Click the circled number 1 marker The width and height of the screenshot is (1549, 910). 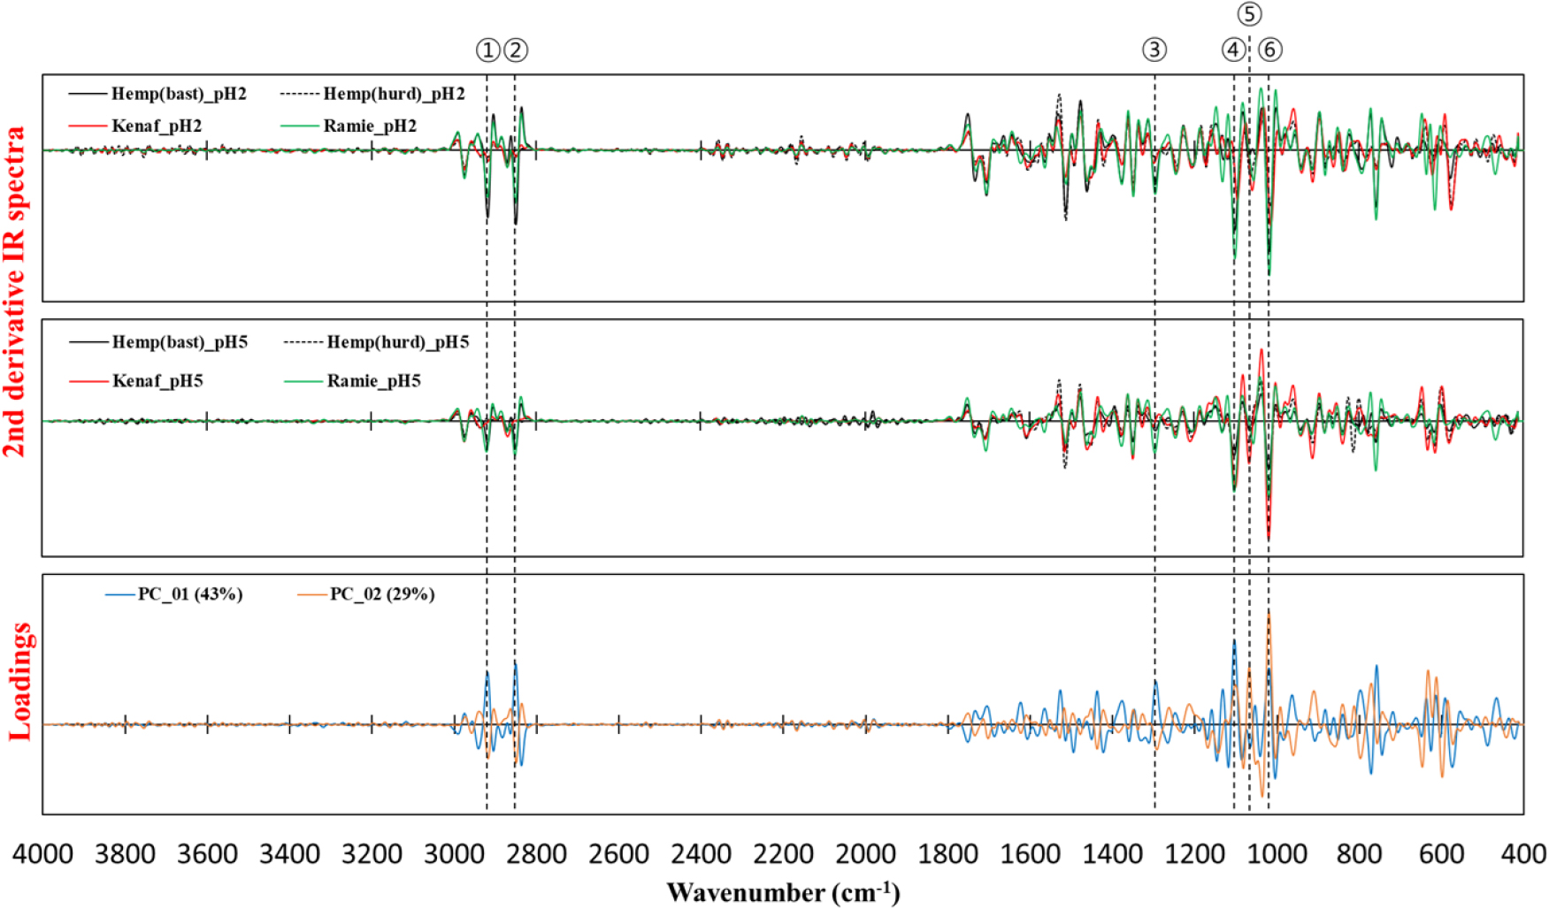click(x=487, y=50)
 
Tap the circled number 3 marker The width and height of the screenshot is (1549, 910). click(x=1154, y=50)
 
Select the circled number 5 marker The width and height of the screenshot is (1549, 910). click(x=1249, y=14)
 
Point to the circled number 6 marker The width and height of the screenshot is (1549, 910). click(x=1269, y=50)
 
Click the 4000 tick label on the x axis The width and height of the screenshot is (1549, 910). click(x=42, y=854)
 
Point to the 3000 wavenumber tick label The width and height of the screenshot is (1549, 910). click(x=455, y=854)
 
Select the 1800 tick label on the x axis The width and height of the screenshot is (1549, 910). click(x=948, y=854)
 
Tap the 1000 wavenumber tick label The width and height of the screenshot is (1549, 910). click(x=1277, y=854)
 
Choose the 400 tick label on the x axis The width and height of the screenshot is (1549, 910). click(x=1523, y=854)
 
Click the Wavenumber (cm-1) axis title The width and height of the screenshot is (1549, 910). click(x=783, y=891)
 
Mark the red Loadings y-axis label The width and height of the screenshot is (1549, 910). click(x=19, y=681)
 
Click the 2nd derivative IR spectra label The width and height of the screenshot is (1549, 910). click(x=14, y=292)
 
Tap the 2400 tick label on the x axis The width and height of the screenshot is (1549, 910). click(x=702, y=854)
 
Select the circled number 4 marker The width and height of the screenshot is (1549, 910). click(x=1232, y=50)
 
